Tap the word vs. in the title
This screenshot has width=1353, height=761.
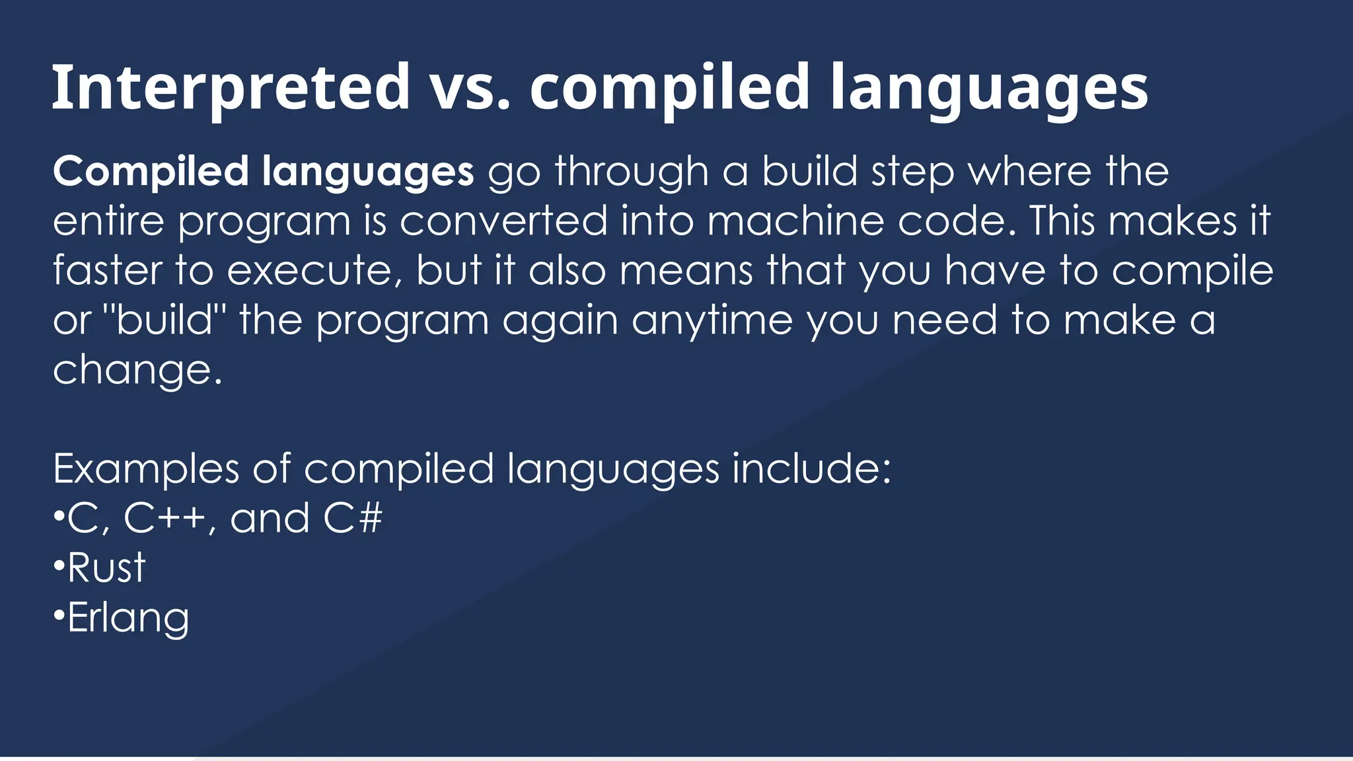(x=470, y=87)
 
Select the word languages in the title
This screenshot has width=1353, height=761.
(x=989, y=87)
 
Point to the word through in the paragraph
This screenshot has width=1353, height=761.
(x=632, y=172)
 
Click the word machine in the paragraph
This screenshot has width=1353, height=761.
(x=795, y=221)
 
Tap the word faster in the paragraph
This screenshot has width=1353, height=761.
(x=107, y=271)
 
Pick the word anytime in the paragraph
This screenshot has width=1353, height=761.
(x=712, y=320)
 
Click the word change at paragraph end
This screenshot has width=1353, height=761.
(x=132, y=370)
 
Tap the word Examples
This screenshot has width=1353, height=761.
(x=145, y=469)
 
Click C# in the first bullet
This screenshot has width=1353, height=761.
(x=352, y=519)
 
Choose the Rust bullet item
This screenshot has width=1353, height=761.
(x=106, y=568)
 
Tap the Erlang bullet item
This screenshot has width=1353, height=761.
(x=128, y=618)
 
